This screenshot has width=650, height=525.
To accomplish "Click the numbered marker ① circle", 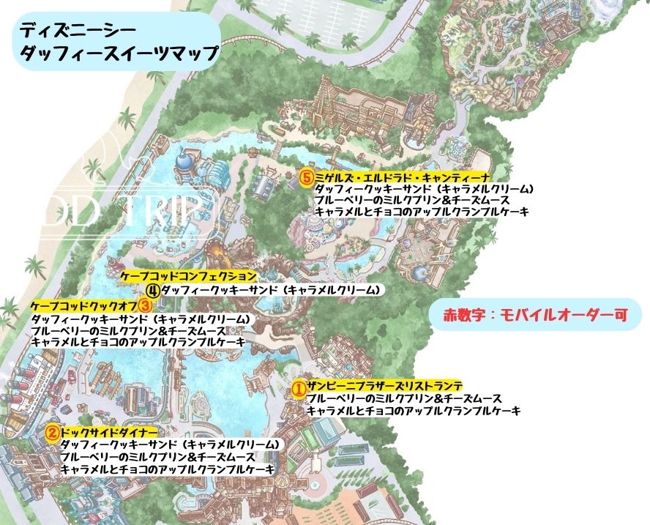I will pyautogui.click(x=299, y=388).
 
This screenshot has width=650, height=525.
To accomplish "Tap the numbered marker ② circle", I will pyautogui.click(x=52, y=432).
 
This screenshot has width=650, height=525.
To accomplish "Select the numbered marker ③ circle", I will pyautogui.click(x=145, y=304).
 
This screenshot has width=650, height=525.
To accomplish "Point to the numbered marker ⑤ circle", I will pyautogui.click(x=307, y=177).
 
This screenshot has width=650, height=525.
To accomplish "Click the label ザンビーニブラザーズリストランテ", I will pyautogui.click(x=384, y=387).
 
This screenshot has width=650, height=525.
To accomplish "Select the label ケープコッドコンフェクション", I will pyautogui.click(x=188, y=277).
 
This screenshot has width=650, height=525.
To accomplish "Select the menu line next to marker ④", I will pyautogui.click(x=271, y=290).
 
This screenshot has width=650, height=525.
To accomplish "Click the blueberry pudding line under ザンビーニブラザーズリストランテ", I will pyautogui.click(x=404, y=399).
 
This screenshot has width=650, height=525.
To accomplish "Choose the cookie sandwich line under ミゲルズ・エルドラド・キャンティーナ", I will pyautogui.click(x=423, y=189).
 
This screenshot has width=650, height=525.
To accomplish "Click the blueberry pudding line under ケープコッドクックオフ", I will pyautogui.click(x=129, y=330).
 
